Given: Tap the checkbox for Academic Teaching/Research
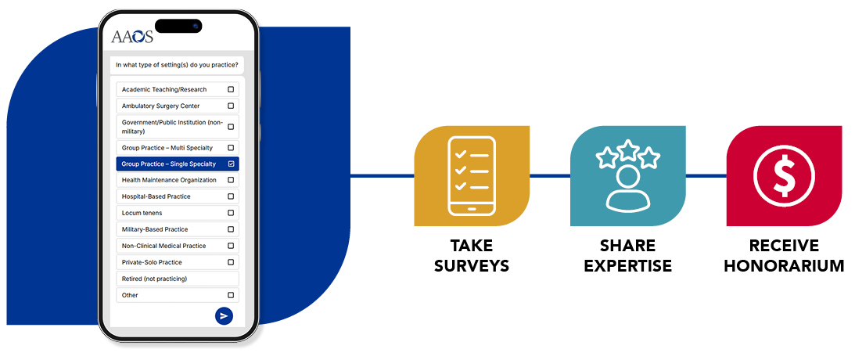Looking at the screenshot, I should [x=231, y=89].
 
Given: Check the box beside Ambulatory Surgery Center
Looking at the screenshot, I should [x=231, y=106].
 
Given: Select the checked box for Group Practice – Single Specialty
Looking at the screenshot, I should [x=231, y=164].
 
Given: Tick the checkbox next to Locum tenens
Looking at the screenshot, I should [x=231, y=213].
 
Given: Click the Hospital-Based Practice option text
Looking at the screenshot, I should [x=156, y=196].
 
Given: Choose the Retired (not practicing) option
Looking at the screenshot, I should [x=154, y=279].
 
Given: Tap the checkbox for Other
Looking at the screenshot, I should [x=231, y=295].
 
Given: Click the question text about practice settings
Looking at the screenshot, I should [x=177, y=64].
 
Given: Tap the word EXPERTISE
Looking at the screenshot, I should [x=629, y=266].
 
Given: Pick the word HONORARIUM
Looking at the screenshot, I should [x=784, y=266].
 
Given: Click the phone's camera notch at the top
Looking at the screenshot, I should [x=178, y=26].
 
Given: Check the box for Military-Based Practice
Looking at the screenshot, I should [x=231, y=229].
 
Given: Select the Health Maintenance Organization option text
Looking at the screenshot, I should [x=169, y=180].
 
